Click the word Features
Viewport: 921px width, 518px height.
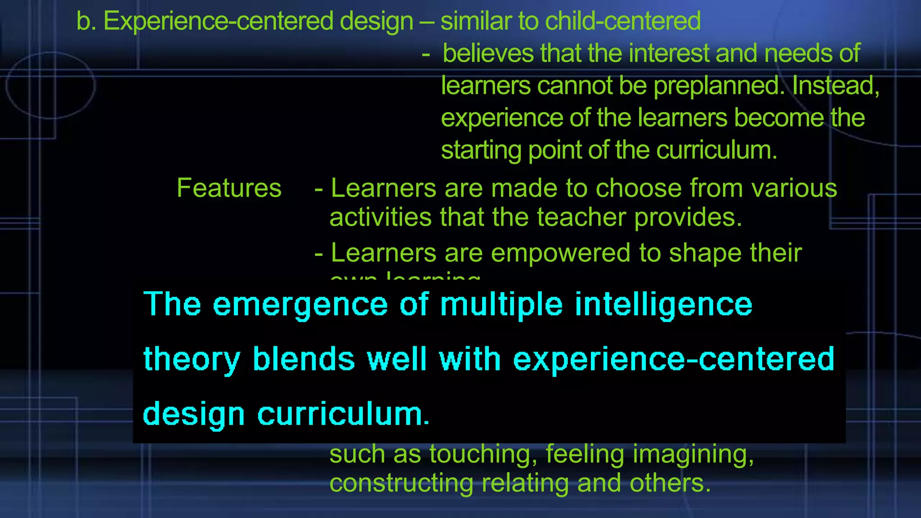[x=229, y=188]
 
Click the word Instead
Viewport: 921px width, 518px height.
[x=835, y=85]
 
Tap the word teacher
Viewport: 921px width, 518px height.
[x=581, y=218]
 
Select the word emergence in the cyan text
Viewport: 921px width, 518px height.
[x=300, y=304]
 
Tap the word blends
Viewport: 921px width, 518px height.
[x=304, y=359]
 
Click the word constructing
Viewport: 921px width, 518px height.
[x=401, y=483]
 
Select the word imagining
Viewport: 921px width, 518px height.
[x=693, y=454]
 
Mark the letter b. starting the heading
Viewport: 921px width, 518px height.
[x=86, y=21]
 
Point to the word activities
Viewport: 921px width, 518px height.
[x=380, y=218]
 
